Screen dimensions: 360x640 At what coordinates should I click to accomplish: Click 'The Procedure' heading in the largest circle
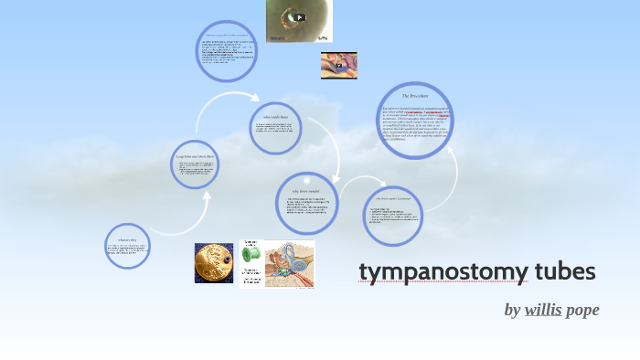(x=415, y=96)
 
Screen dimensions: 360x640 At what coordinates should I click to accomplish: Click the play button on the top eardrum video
(x=299, y=16)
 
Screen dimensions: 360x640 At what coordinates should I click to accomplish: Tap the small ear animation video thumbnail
(x=338, y=65)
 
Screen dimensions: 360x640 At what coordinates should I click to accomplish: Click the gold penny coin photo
(x=214, y=263)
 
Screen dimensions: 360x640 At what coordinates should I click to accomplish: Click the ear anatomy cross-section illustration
(x=289, y=265)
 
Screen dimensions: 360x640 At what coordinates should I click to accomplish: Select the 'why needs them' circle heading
(x=275, y=117)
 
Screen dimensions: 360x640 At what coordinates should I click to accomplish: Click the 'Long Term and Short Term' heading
(x=195, y=156)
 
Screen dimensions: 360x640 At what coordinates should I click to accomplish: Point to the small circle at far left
(x=127, y=246)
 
